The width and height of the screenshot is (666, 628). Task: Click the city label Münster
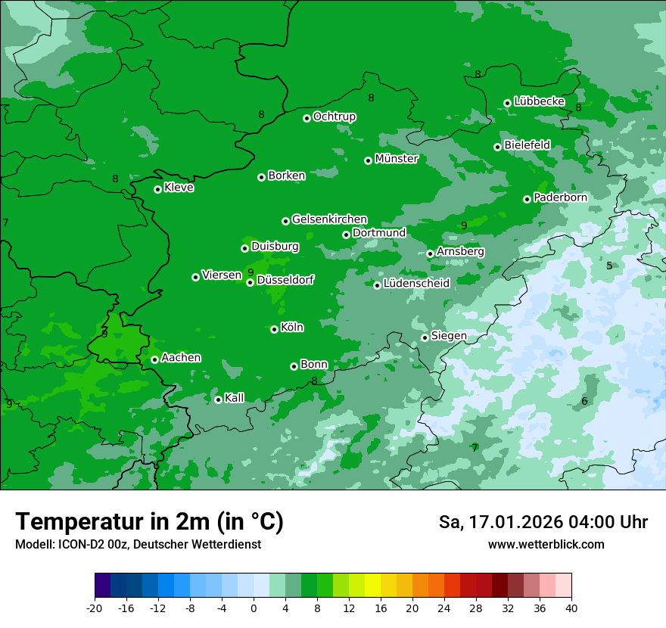pyautogui.click(x=396, y=159)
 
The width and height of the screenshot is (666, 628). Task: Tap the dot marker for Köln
pyautogui.click(x=274, y=329)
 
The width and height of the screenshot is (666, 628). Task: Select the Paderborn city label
pyautogui.click(x=560, y=197)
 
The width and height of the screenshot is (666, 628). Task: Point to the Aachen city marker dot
pyautogui.click(x=154, y=359)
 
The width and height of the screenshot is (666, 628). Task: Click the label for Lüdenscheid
pyautogui.click(x=416, y=284)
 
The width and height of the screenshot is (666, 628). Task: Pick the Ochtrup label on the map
pyautogui.click(x=334, y=117)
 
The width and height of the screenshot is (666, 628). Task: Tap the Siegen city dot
pyautogui.click(x=425, y=337)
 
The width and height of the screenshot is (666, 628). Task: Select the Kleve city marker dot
pyautogui.click(x=157, y=189)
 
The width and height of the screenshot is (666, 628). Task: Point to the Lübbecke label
pyautogui.click(x=539, y=101)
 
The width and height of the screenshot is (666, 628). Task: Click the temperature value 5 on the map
pyautogui.click(x=609, y=266)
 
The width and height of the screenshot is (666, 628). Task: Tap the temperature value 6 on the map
pyautogui.click(x=584, y=401)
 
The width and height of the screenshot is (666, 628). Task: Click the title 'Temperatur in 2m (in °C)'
pyautogui.click(x=149, y=522)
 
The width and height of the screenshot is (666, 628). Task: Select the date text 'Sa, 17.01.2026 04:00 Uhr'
pyautogui.click(x=543, y=522)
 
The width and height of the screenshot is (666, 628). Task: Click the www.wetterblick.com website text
pyautogui.click(x=546, y=545)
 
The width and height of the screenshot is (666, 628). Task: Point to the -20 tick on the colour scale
pyautogui.click(x=95, y=608)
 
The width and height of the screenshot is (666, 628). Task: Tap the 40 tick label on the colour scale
pyautogui.click(x=571, y=608)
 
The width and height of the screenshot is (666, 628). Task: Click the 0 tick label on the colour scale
pyautogui.click(x=254, y=608)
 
